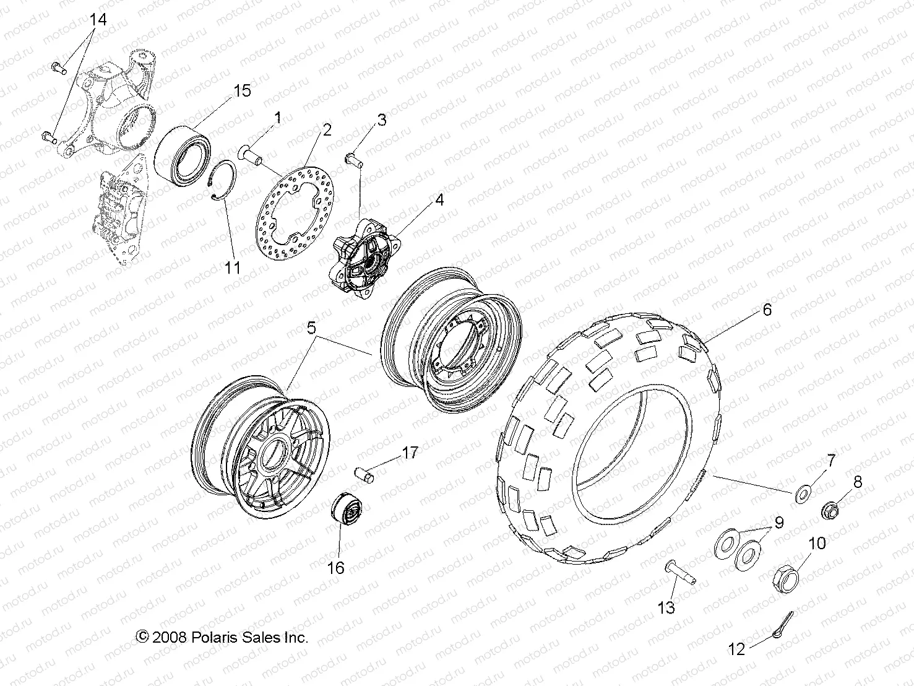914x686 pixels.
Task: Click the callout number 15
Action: pyautogui.click(x=242, y=90)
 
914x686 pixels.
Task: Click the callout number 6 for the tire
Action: pyautogui.click(x=767, y=310)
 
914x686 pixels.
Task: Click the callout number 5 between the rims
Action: pyautogui.click(x=311, y=328)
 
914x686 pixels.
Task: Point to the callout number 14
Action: pyautogui.click(x=98, y=20)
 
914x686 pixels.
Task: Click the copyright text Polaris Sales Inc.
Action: pyautogui.click(x=222, y=637)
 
